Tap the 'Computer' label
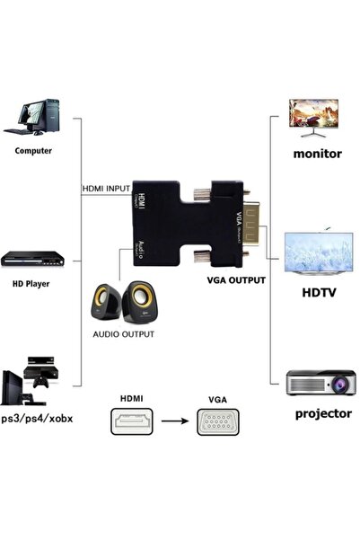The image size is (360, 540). point(32,151)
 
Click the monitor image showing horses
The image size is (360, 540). point(315,116)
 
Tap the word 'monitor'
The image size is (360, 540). point(317,154)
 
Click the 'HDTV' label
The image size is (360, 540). point(317,292)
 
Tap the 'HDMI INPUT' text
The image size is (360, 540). point(106,189)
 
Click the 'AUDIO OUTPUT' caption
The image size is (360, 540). point(124,333)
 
